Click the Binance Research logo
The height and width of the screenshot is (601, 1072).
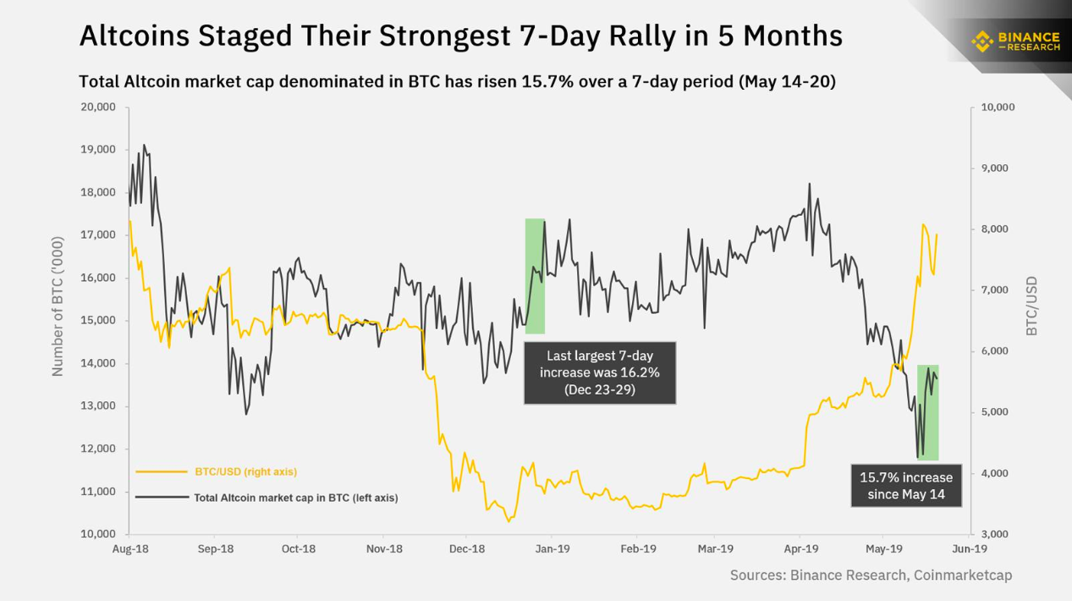pyautogui.click(x=1015, y=40)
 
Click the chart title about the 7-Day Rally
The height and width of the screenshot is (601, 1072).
pyautogui.click(x=460, y=36)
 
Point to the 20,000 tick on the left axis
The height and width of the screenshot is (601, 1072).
pyautogui.click(x=97, y=108)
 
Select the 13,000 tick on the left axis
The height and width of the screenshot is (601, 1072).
pyautogui.click(x=97, y=406)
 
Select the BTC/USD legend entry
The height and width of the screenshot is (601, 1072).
pyautogui.click(x=245, y=471)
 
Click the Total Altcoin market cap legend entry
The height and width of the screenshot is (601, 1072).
pyautogui.click(x=296, y=498)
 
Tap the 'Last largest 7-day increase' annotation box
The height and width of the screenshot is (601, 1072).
pyautogui.click(x=600, y=373)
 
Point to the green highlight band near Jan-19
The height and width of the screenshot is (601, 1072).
pyautogui.click(x=535, y=276)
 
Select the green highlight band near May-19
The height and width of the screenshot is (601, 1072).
pyautogui.click(x=928, y=412)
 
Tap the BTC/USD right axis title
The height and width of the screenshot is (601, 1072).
pyautogui.click(x=1032, y=306)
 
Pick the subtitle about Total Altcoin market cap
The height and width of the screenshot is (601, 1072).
pyautogui.click(x=457, y=82)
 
